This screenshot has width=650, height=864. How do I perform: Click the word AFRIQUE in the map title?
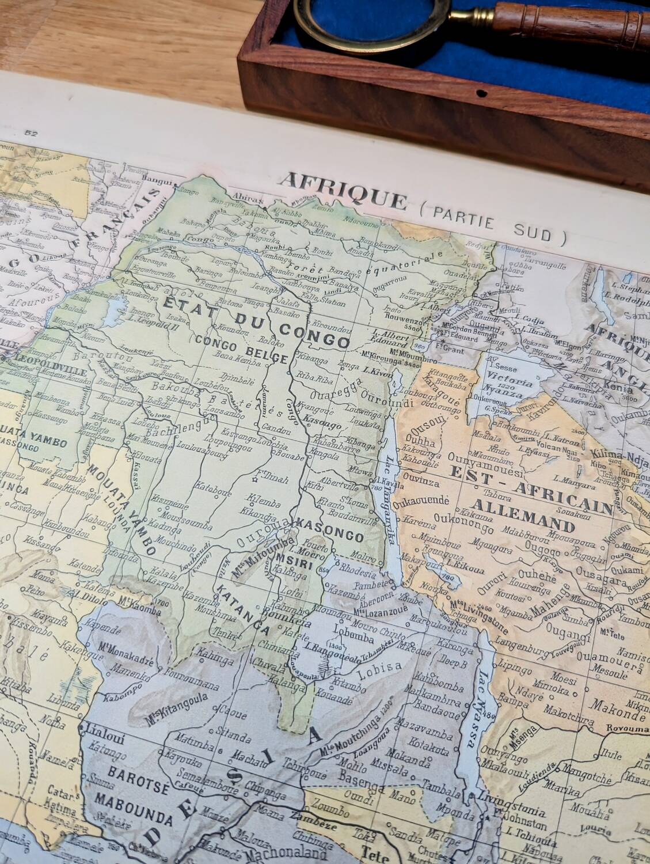tap(343, 191)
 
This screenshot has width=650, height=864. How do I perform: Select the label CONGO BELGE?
tap(241, 349)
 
